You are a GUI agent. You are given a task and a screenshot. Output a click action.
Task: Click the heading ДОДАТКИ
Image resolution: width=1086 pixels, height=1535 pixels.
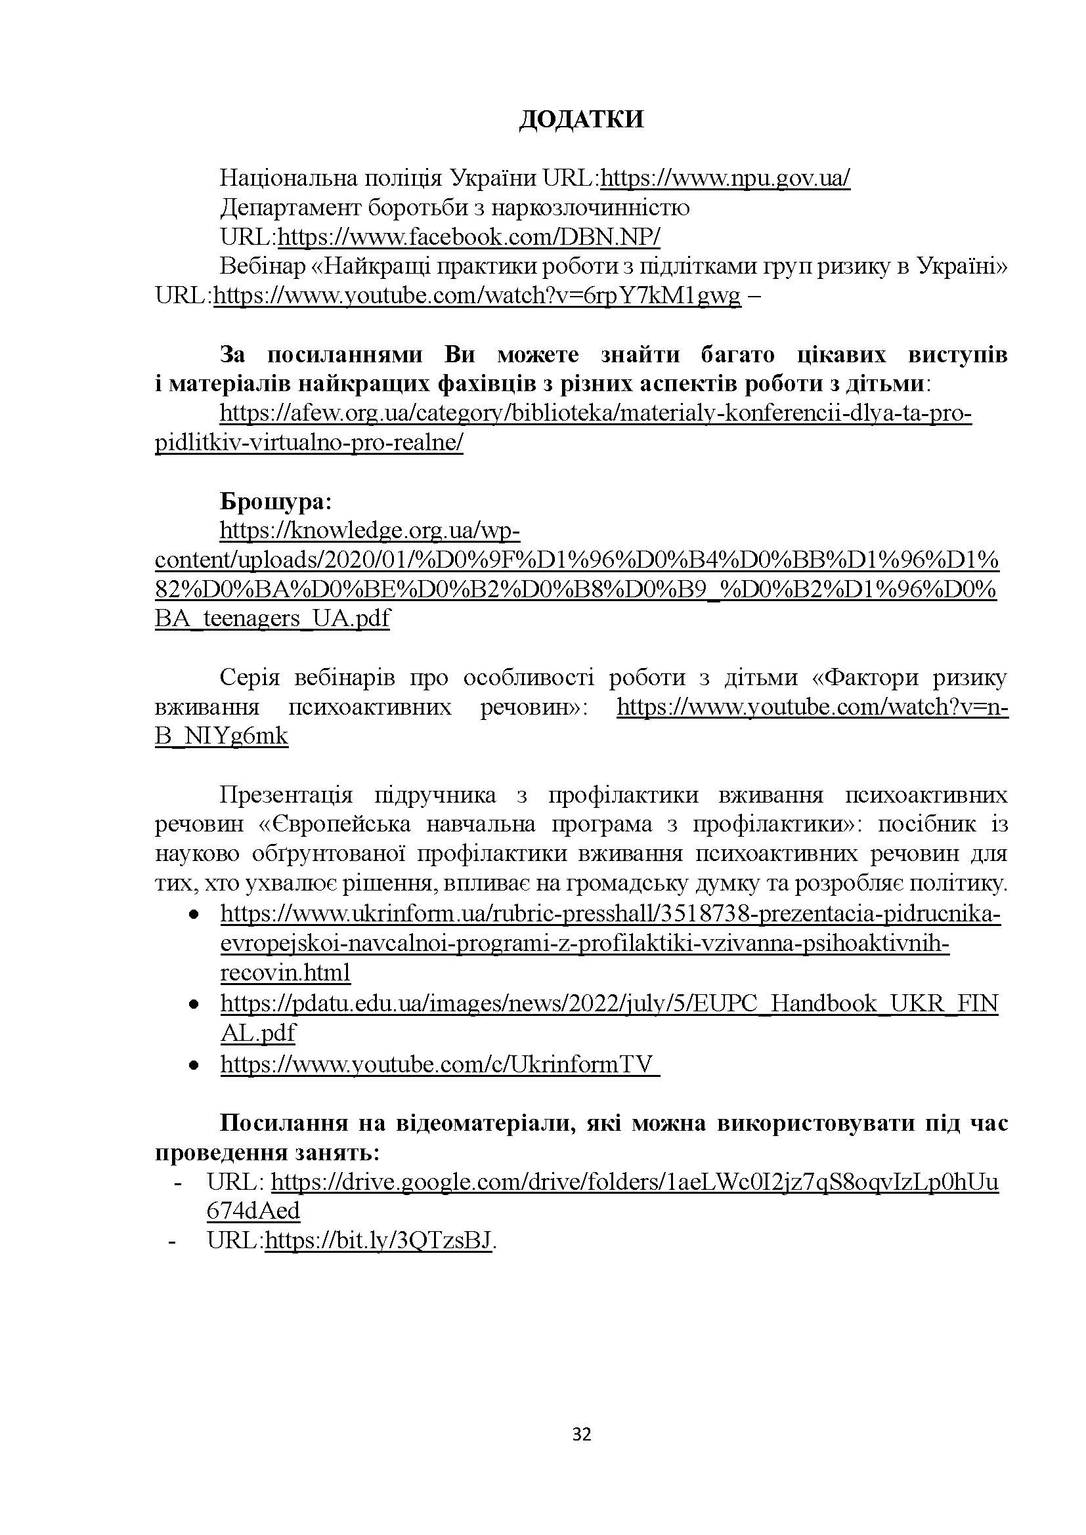point(581,119)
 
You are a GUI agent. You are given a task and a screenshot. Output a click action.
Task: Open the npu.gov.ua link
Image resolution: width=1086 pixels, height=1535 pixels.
point(726,179)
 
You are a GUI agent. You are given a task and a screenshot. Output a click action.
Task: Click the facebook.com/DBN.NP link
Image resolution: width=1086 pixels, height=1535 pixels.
point(469,238)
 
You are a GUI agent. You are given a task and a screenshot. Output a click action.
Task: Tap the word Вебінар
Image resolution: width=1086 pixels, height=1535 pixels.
point(261,266)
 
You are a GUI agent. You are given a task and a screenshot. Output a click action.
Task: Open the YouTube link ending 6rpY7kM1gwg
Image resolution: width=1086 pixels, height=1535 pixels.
point(477,296)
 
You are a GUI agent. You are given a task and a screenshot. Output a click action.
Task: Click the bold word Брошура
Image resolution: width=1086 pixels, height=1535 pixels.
point(276,501)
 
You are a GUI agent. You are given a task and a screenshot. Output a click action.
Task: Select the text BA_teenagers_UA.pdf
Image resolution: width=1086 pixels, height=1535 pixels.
point(272,618)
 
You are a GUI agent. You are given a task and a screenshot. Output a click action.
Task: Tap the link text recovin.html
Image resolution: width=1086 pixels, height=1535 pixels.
point(286,973)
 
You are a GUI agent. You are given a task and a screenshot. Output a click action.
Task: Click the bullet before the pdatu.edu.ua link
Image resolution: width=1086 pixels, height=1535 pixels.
point(194,1005)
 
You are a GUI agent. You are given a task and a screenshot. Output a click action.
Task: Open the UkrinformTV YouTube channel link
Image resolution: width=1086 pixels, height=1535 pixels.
point(439,1064)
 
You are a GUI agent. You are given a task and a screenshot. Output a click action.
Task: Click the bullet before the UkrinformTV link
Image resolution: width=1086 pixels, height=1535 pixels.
point(194,1065)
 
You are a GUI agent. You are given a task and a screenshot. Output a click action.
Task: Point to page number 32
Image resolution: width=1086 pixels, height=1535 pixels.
point(582,1435)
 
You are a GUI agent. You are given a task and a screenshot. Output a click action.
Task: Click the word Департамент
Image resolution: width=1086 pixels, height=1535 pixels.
point(292,208)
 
